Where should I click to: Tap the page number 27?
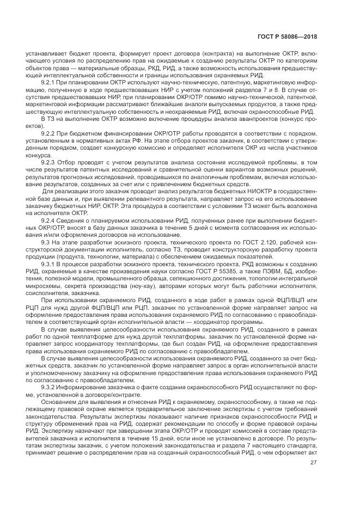(313, 463)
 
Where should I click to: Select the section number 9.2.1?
(50, 81)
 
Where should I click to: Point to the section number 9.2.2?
(50, 133)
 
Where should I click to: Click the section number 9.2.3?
(50, 162)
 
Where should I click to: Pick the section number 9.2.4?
(50, 220)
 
